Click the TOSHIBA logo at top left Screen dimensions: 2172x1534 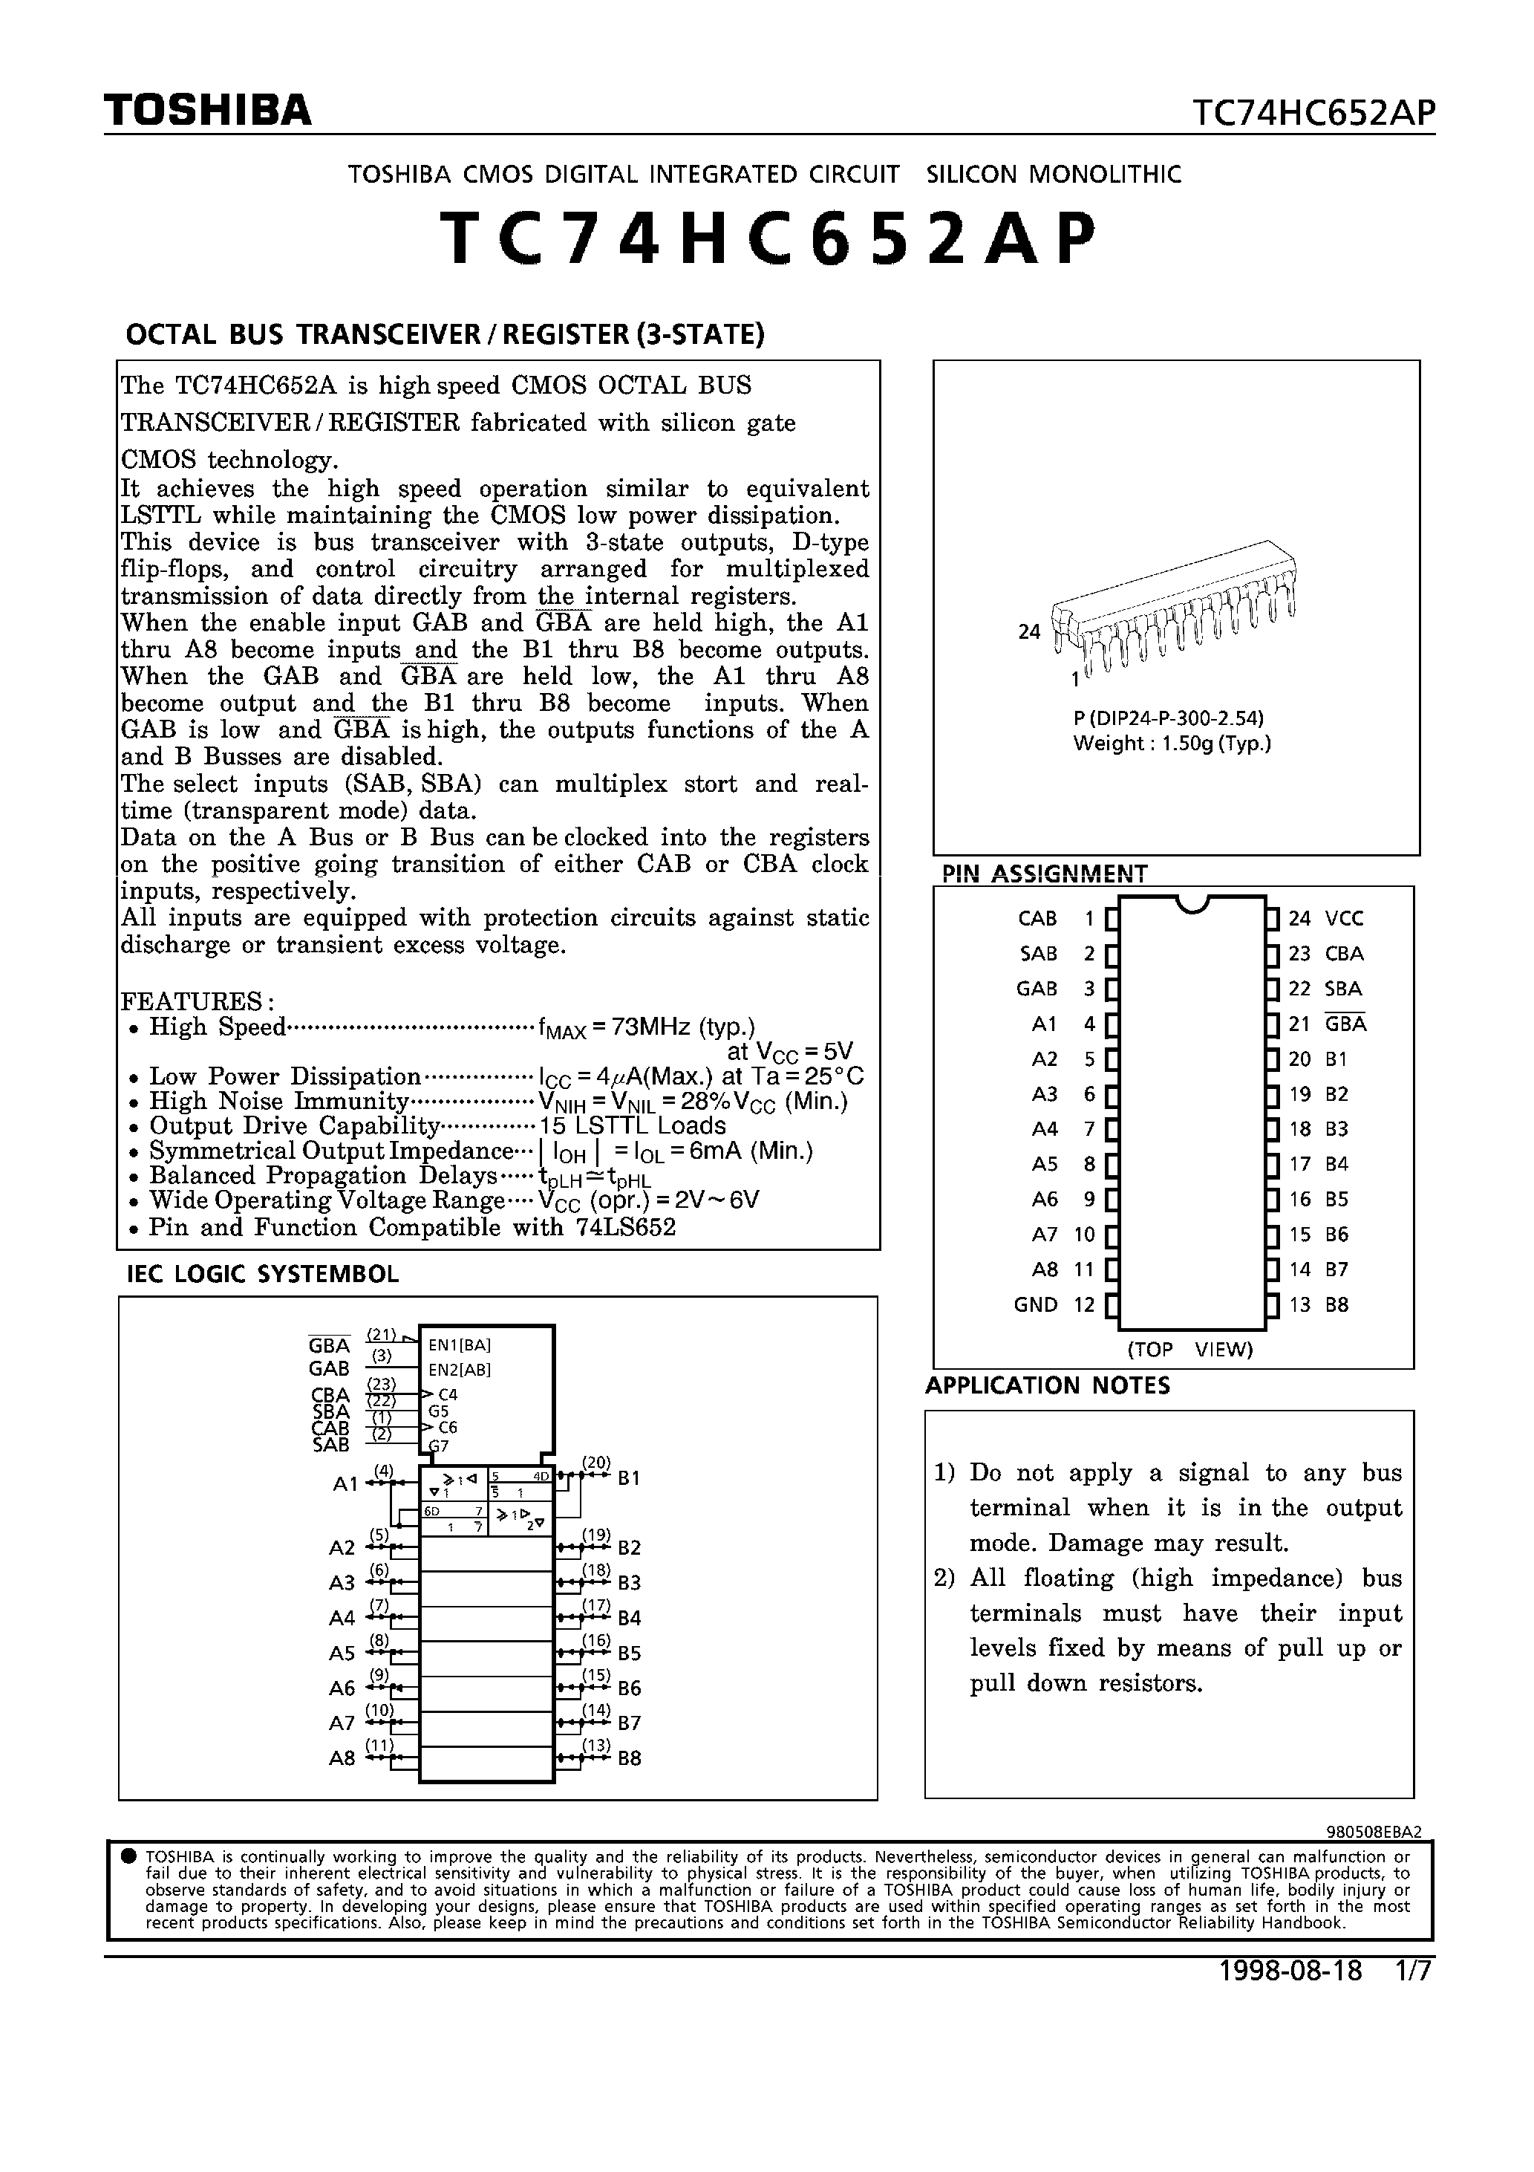[x=208, y=111]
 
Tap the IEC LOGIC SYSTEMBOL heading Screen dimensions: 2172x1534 [x=263, y=1274]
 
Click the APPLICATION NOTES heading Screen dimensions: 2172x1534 [x=1047, y=1386]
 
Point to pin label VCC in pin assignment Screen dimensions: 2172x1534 [x=1344, y=919]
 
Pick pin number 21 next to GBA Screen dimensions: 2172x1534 [x=1299, y=1024]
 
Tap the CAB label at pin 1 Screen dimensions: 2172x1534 [x=1037, y=919]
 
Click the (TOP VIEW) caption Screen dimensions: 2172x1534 [x=1189, y=1350]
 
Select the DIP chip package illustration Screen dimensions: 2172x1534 [x=1175, y=606]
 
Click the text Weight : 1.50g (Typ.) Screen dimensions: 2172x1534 [x=1172, y=744]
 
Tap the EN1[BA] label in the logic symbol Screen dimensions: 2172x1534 [x=459, y=1345]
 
